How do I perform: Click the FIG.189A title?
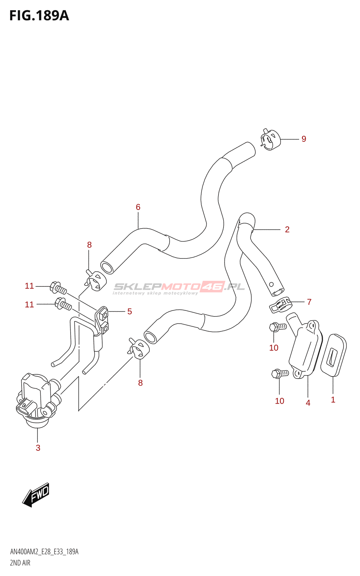click(39, 15)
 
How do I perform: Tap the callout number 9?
click(304, 139)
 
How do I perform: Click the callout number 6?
click(138, 207)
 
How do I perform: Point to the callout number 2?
click(287, 229)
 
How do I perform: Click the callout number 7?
click(309, 302)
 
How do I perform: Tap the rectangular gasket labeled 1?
click(333, 355)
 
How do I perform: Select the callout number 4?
click(308, 403)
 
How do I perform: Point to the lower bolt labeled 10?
click(280, 373)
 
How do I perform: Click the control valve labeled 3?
click(36, 400)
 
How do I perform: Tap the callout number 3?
click(38, 448)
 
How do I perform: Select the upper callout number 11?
click(29, 286)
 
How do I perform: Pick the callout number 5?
click(130, 311)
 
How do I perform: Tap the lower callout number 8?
click(140, 383)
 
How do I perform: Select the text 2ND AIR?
click(20, 563)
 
